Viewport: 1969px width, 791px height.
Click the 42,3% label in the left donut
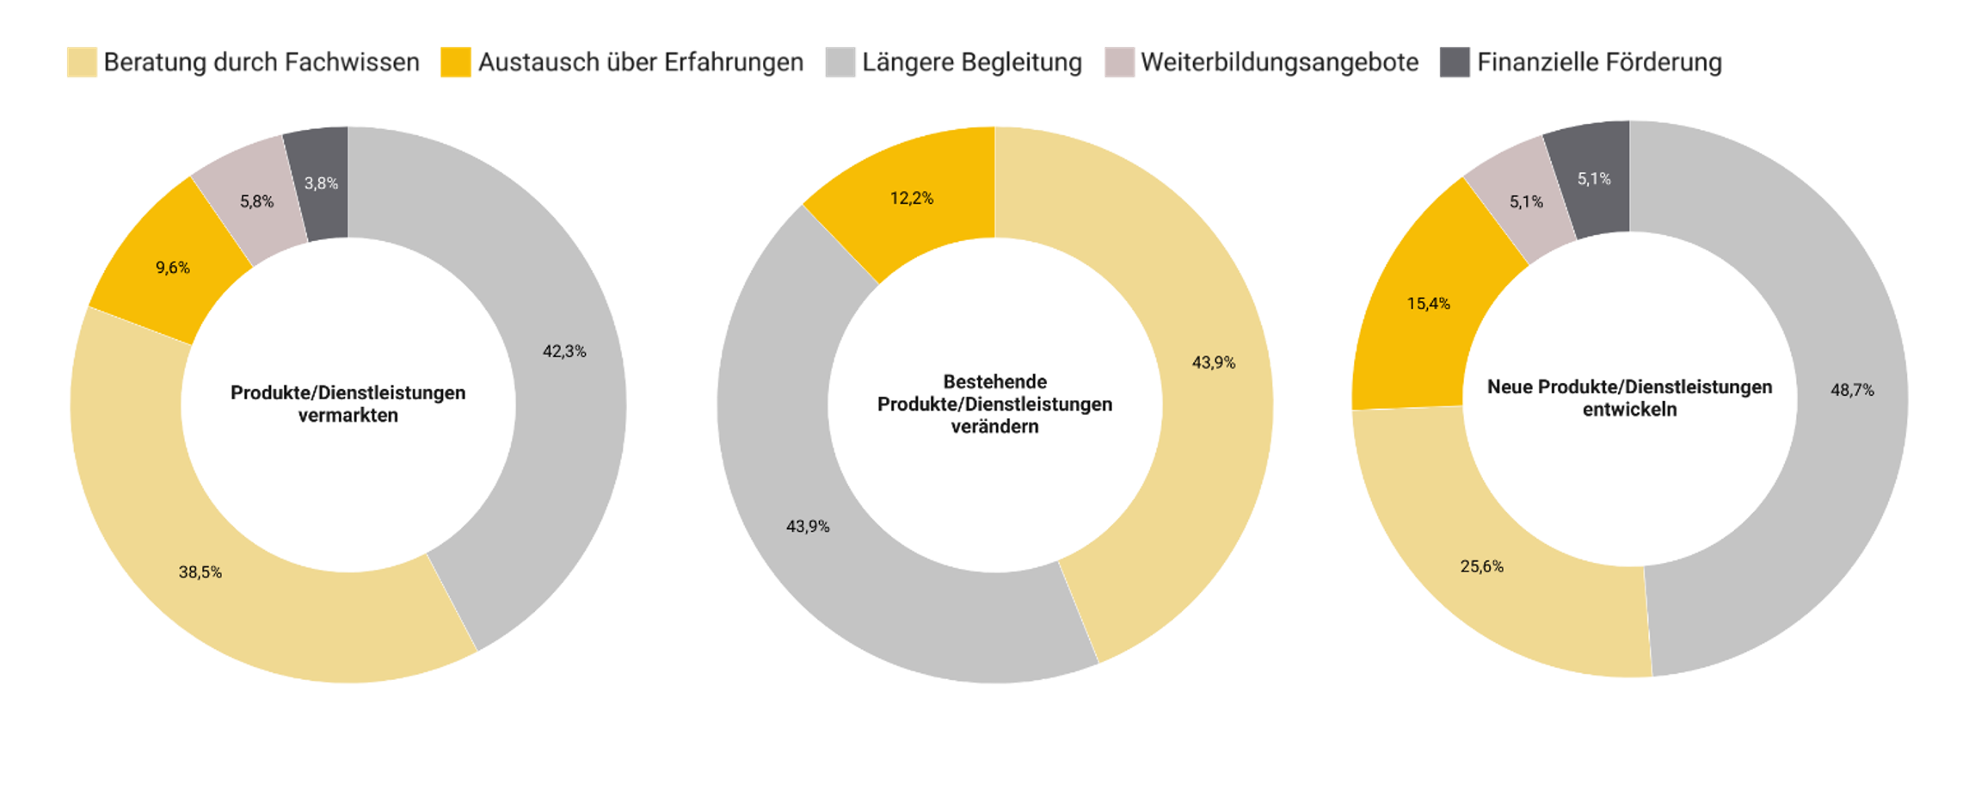pyautogui.click(x=564, y=351)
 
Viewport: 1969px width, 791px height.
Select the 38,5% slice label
pyautogui.click(x=200, y=572)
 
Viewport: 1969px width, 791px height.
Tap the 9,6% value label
pyautogui.click(x=173, y=268)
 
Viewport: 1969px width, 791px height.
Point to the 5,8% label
pyautogui.click(x=256, y=201)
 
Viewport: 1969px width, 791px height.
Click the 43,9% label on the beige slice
pyautogui.click(x=1213, y=363)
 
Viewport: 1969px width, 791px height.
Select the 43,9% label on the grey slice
pyautogui.click(x=808, y=527)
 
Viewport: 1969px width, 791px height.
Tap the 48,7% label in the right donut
pyautogui.click(x=1852, y=391)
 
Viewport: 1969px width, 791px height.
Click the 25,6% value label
pyautogui.click(x=1481, y=566)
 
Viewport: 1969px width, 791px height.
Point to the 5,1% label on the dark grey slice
pyautogui.click(x=1593, y=179)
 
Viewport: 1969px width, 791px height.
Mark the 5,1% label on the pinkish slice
pyautogui.click(x=1526, y=202)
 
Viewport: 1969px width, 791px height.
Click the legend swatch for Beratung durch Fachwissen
pyautogui.click(x=82, y=63)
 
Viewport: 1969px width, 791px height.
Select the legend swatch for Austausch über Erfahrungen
pyautogui.click(x=455, y=63)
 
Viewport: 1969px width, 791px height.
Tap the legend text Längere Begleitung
pyautogui.click(x=971, y=63)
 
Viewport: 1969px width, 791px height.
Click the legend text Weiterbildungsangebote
pyautogui.click(x=1279, y=63)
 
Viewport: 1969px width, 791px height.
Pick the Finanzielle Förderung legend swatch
pyautogui.click(x=1454, y=63)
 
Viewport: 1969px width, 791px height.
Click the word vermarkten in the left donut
pyautogui.click(x=348, y=416)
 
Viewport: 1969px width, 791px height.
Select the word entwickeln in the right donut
pyautogui.click(x=1629, y=410)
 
